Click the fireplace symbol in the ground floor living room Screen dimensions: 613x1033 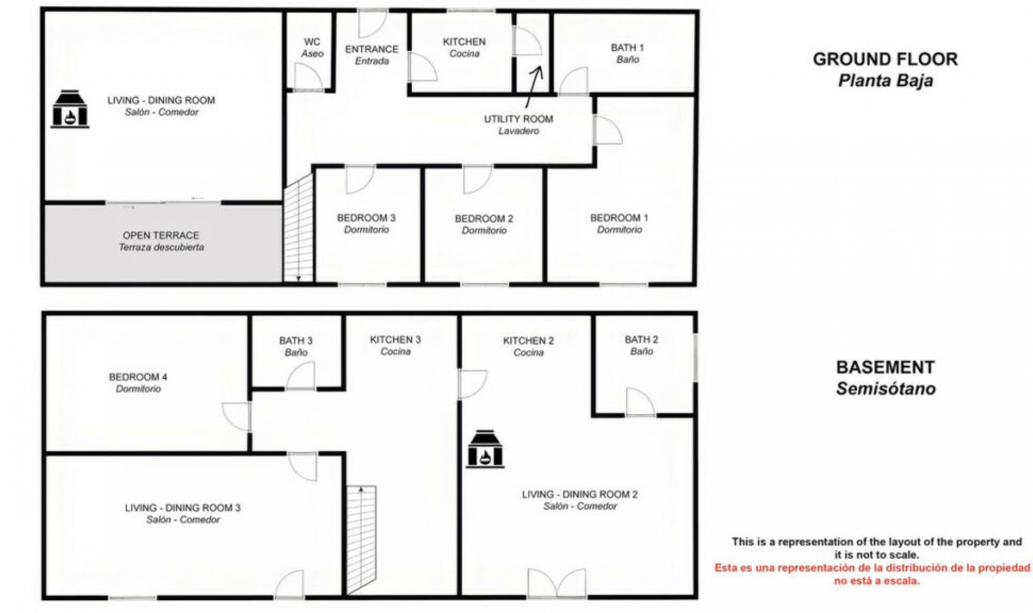69,109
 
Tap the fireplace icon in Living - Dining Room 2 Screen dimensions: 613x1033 485,449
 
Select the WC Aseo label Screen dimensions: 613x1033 312,47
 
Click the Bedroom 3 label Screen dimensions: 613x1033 366,223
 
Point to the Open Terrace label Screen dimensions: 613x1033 161,241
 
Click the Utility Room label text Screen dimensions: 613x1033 518,124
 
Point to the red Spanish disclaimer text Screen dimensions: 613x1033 872,574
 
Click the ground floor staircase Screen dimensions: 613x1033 298,229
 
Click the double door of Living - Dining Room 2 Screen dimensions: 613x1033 557,583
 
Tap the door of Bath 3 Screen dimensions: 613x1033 301,376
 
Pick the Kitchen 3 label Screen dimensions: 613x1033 395,345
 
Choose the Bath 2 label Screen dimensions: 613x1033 641,345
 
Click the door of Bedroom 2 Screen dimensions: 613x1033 477,179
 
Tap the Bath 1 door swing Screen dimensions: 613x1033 574,81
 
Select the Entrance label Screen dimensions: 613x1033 371,54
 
